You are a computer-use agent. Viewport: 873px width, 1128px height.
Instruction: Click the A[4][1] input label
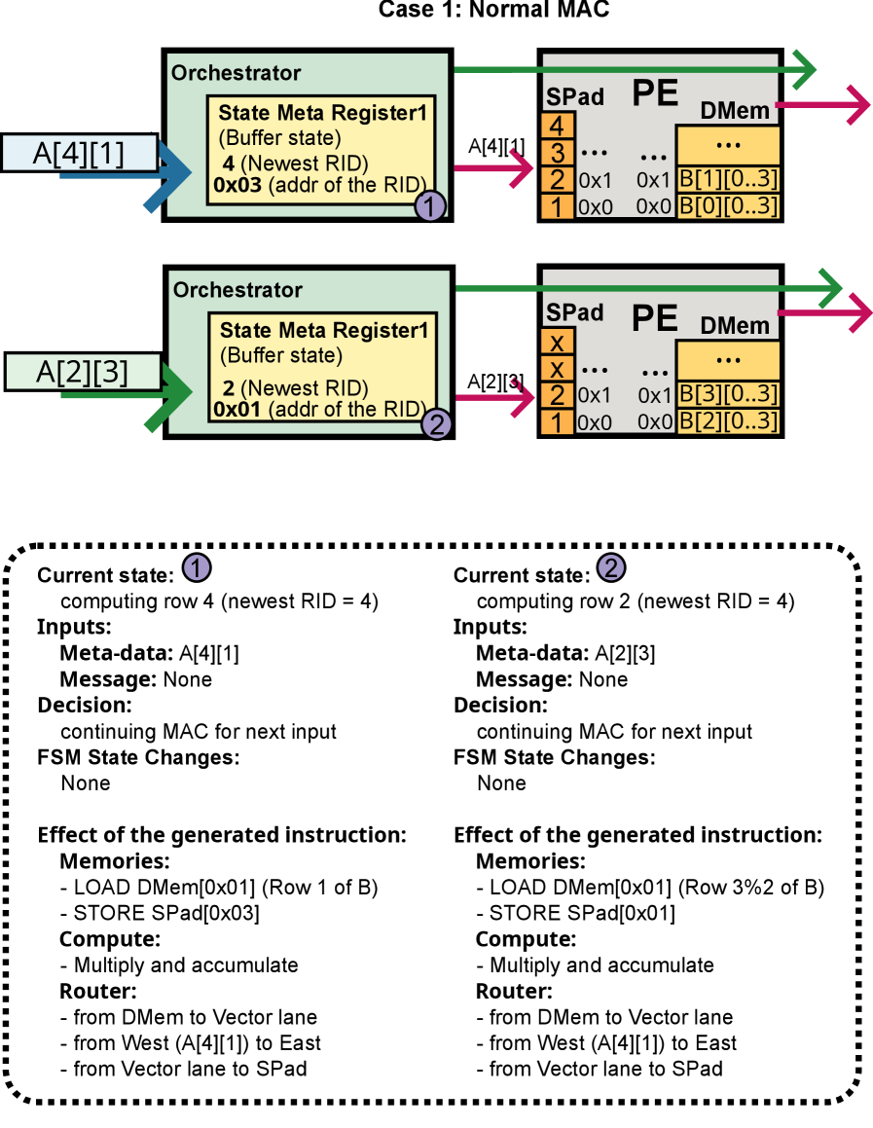pyautogui.click(x=79, y=153)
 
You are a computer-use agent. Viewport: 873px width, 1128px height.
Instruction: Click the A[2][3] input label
pyautogui.click(x=82, y=372)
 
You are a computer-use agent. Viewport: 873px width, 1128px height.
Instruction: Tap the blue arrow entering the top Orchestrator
pyautogui.click(x=170, y=174)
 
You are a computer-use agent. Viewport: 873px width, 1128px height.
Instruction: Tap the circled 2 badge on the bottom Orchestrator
pyautogui.click(x=436, y=425)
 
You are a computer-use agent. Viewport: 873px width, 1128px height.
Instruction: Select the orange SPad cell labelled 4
pyautogui.click(x=557, y=126)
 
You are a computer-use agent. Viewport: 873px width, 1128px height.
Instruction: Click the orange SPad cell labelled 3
pyautogui.click(x=557, y=153)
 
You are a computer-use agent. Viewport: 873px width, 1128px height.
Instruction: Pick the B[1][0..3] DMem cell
pyautogui.click(x=727, y=180)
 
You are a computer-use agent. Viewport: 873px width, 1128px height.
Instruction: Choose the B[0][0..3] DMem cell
pyautogui.click(x=727, y=206)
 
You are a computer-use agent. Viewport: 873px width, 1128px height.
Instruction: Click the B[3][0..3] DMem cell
pyautogui.click(x=727, y=396)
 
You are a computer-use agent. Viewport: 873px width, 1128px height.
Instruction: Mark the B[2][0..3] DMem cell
pyautogui.click(x=727, y=422)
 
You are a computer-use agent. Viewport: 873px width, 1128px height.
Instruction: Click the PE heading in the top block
pyautogui.click(x=655, y=93)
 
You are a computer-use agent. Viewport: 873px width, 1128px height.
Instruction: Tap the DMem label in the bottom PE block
pyautogui.click(x=735, y=326)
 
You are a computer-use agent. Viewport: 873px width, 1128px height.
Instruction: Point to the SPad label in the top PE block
pyautogui.click(x=574, y=96)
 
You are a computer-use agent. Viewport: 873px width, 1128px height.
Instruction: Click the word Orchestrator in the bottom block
pyautogui.click(x=237, y=290)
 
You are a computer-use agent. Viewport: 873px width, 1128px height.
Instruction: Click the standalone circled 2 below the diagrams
pyautogui.click(x=610, y=568)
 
